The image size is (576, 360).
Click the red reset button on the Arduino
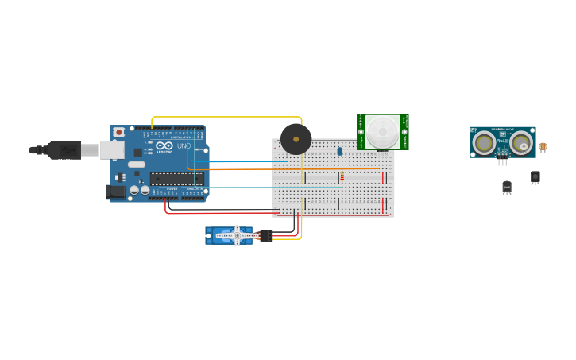click(119, 132)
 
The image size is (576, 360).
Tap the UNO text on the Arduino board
click(183, 146)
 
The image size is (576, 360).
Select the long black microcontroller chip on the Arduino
click(176, 179)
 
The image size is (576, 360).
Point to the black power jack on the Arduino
click(116, 191)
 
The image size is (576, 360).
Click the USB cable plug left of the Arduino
click(64, 149)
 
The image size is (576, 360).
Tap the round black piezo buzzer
click(296, 139)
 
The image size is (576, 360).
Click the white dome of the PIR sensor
click(382, 130)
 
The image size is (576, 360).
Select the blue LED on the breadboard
click(339, 151)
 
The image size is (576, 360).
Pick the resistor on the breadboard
click(342, 177)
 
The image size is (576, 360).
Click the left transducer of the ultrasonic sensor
click(483, 142)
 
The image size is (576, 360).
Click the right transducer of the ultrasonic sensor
click(521, 142)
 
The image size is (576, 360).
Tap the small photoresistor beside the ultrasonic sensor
click(543, 147)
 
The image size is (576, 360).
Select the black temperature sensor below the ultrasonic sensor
click(507, 187)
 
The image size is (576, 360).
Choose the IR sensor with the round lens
click(535, 176)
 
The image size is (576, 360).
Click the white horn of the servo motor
click(237, 235)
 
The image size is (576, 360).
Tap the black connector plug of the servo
click(265, 235)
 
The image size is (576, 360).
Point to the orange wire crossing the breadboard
click(318, 169)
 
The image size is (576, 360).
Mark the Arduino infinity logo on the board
click(164, 146)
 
